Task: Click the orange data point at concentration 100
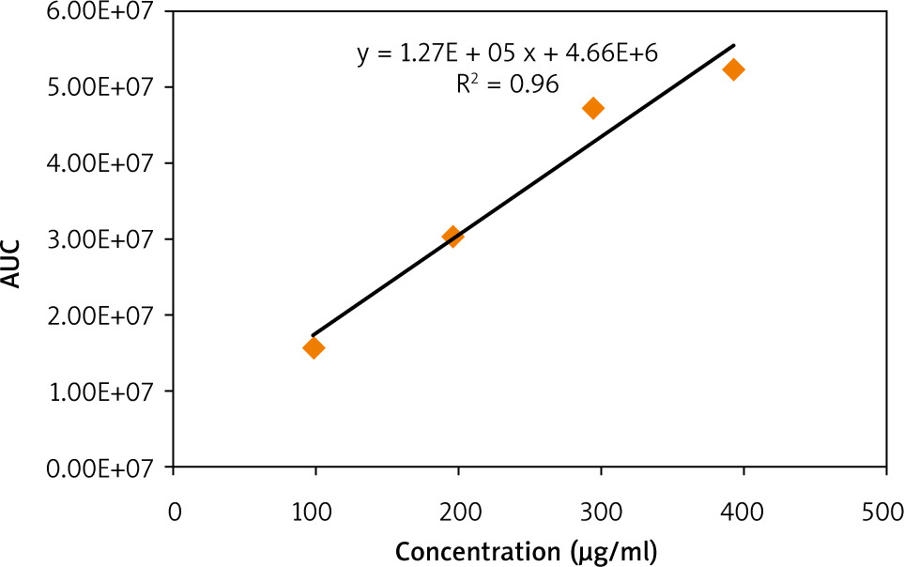click(x=314, y=348)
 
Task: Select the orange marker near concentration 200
click(x=452, y=237)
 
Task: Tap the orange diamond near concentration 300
click(x=592, y=108)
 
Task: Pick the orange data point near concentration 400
click(x=733, y=69)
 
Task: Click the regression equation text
click(x=507, y=54)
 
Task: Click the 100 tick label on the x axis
click(x=315, y=513)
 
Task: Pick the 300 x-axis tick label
click(x=601, y=513)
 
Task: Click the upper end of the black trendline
click(x=734, y=45)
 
